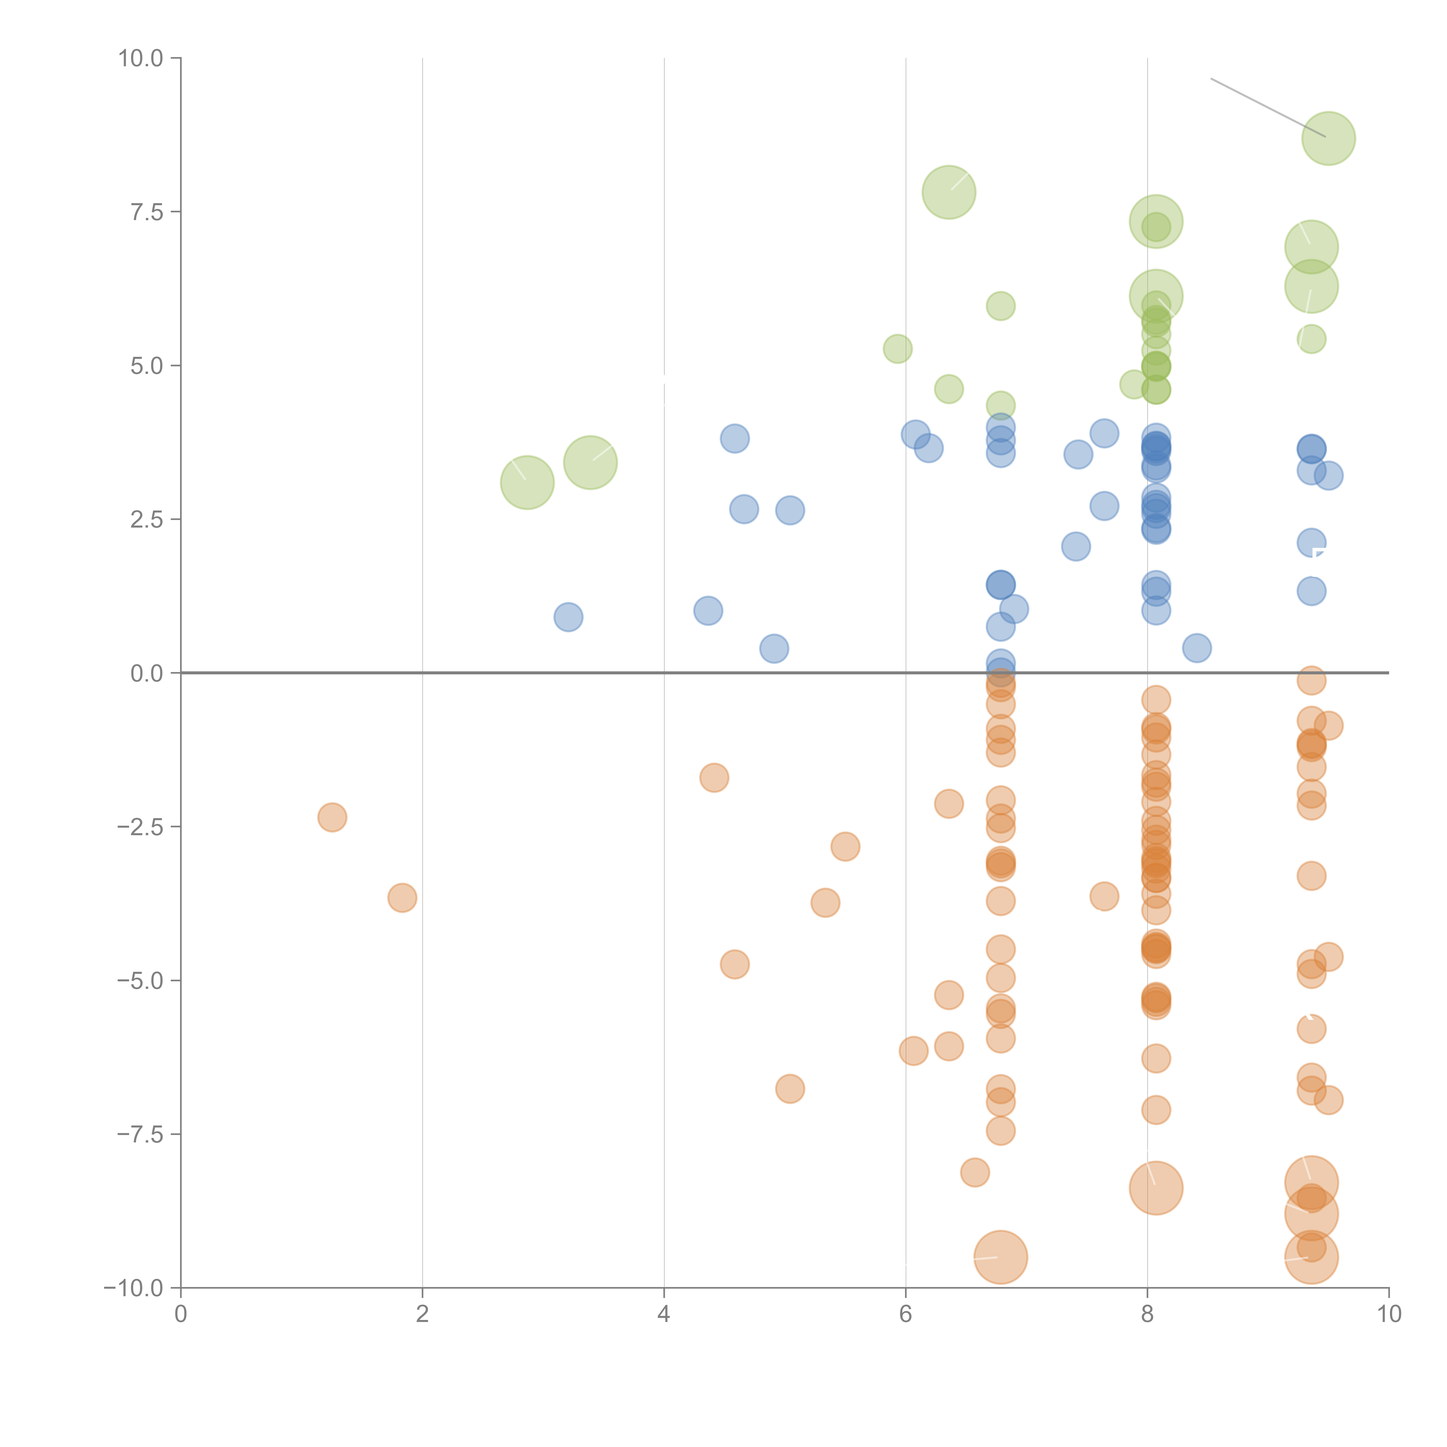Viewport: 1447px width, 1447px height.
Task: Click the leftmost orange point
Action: [332, 817]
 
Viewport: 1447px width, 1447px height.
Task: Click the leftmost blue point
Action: [568, 617]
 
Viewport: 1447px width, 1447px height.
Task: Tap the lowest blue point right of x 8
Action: [1197, 648]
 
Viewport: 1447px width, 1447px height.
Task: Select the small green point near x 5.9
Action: [897, 348]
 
